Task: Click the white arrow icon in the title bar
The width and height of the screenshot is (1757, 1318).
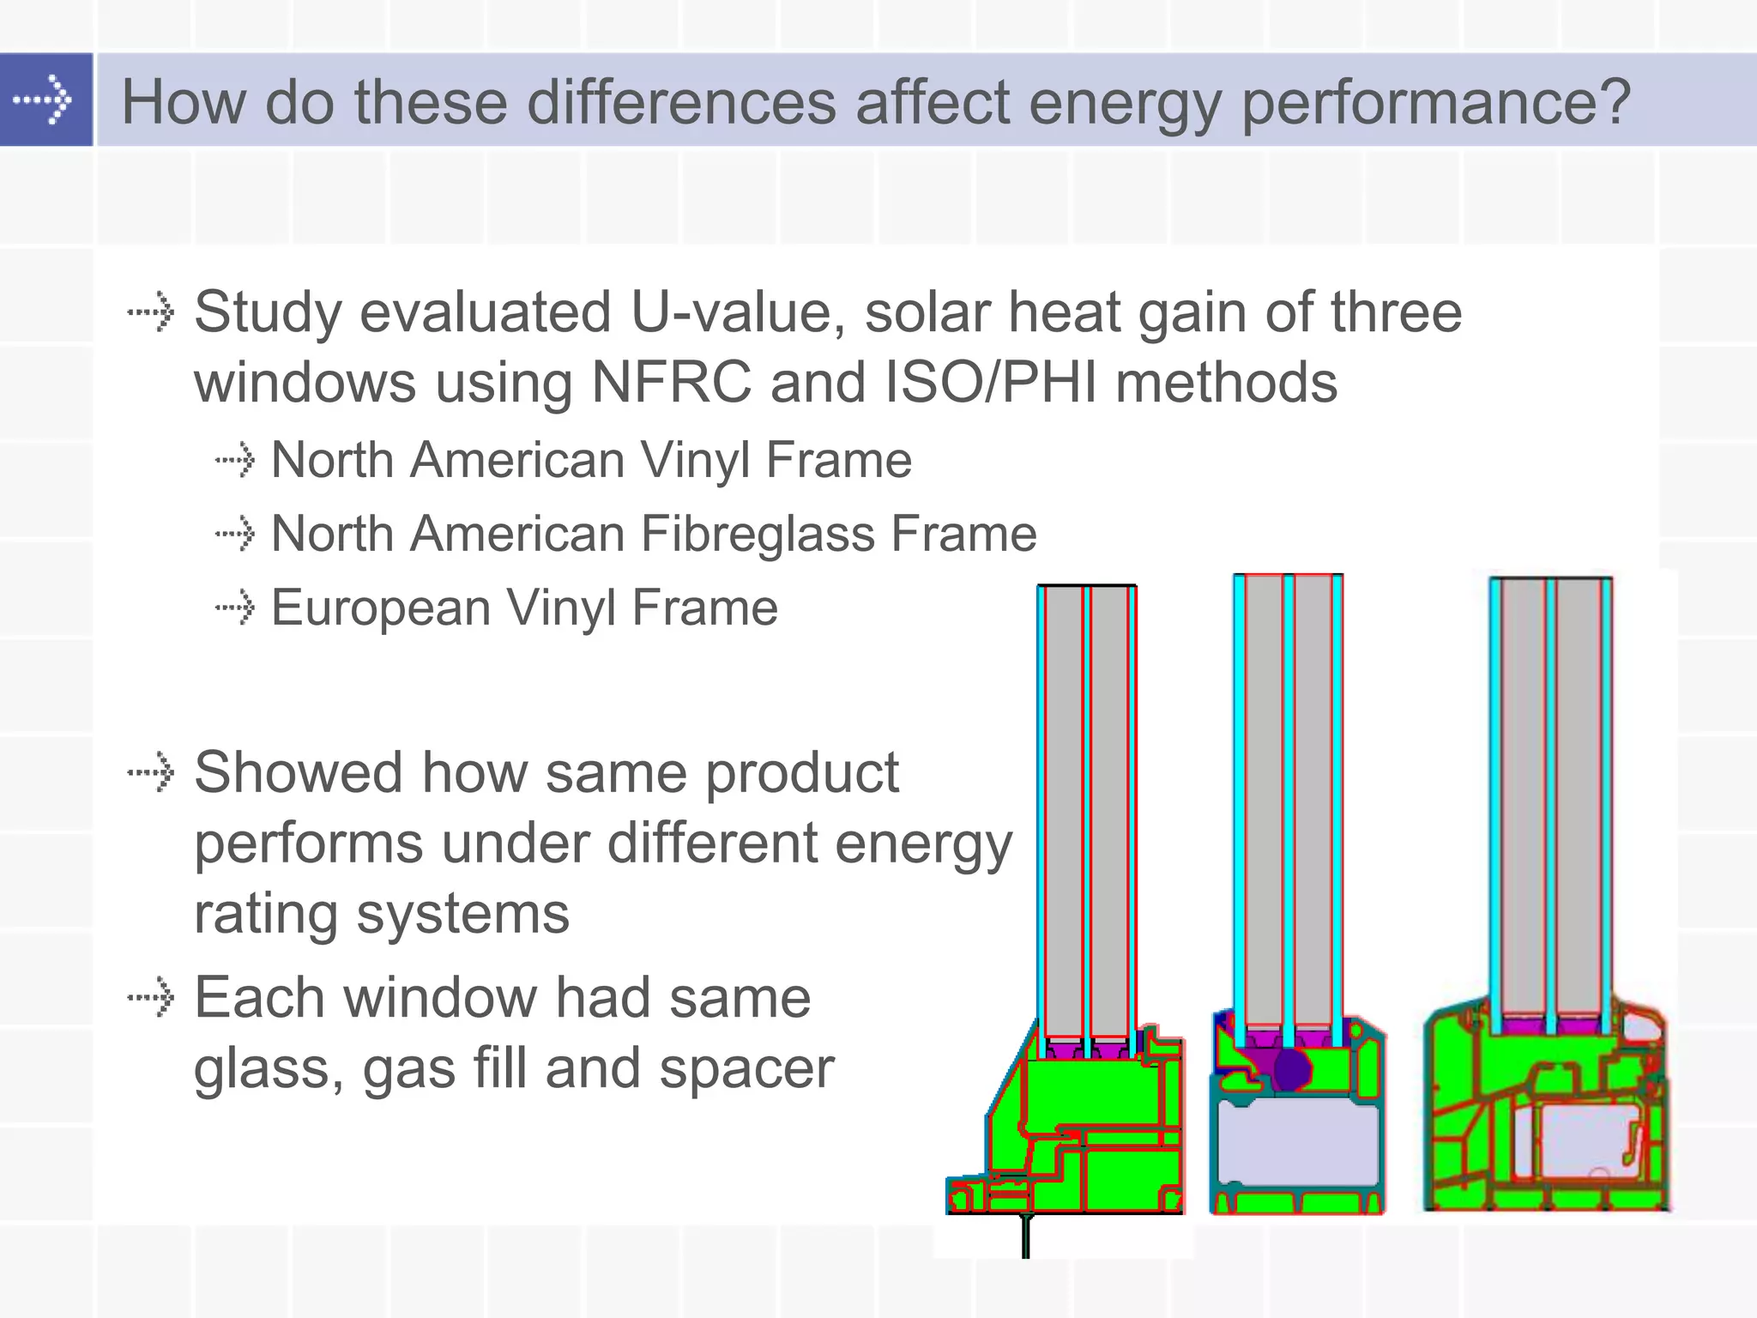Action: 43,100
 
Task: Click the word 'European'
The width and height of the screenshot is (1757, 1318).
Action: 381,608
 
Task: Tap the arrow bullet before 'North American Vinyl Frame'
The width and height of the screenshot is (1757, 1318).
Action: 234,460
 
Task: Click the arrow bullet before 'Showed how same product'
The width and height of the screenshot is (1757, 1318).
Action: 151,772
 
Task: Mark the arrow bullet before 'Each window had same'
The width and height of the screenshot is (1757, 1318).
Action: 151,997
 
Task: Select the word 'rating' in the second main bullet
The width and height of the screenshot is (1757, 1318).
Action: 266,914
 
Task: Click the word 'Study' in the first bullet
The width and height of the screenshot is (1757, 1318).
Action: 268,312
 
